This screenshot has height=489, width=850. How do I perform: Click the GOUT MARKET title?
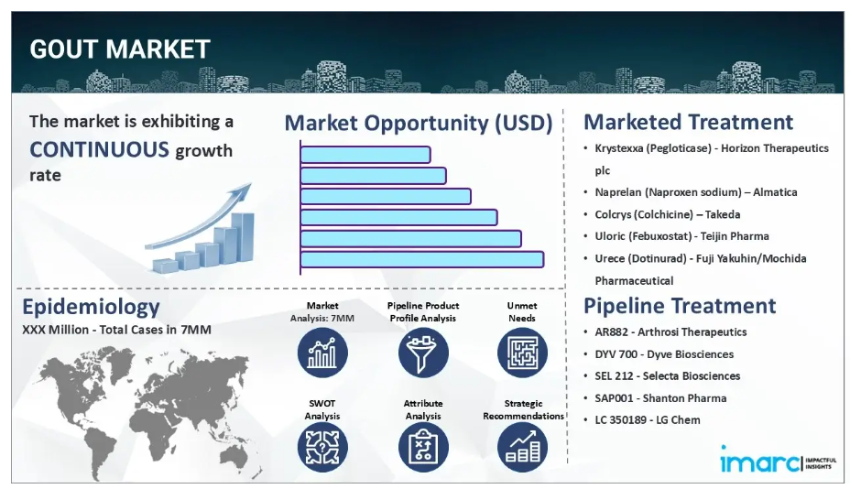pyautogui.click(x=120, y=49)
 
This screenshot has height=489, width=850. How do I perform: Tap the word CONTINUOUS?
pyautogui.click(x=99, y=149)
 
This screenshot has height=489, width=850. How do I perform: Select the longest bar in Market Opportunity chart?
pyautogui.click(x=421, y=259)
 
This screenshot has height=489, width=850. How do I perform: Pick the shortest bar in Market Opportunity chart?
pyautogui.click(x=365, y=155)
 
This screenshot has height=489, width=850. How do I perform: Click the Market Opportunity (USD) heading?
pyautogui.click(x=419, y=123)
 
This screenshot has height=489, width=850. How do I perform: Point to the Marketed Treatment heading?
pyautogui.click(x=688, y=122)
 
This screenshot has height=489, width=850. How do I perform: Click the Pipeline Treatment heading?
pyautogui.click(x=680, y=306)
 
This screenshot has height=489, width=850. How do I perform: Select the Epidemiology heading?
pyautogui.click(x=91, y=307)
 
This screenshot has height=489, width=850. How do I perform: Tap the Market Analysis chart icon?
pyautogui.click(x=322, y=353)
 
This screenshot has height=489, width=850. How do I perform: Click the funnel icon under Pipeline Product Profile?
pyautogui.click(x=423, y=353)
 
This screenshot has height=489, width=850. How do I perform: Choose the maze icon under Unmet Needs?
pyautogui.click(x=523, y=353)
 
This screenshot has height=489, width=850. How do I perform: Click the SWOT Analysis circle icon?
pyautogui.click(x=322, y=447)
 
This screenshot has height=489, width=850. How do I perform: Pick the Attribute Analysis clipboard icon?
pyautogui.click(x=423, y=447)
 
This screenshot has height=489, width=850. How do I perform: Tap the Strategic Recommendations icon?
pyautogui.click(x=523, y=447)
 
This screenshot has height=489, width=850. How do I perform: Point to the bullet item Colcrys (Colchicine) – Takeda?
pyautogui.click(x=667, y=214)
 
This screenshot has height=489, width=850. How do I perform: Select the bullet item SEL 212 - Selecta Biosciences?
pyautogui.click(x=667, y=375)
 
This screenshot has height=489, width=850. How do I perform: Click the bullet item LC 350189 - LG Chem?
pyautogui.click(x=648, y=419)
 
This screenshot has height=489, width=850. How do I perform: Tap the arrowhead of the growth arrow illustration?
pyautogui.click(x=243, y=191)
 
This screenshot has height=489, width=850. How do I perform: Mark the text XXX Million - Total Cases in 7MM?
pyautogui.click(x=116, y=330)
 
